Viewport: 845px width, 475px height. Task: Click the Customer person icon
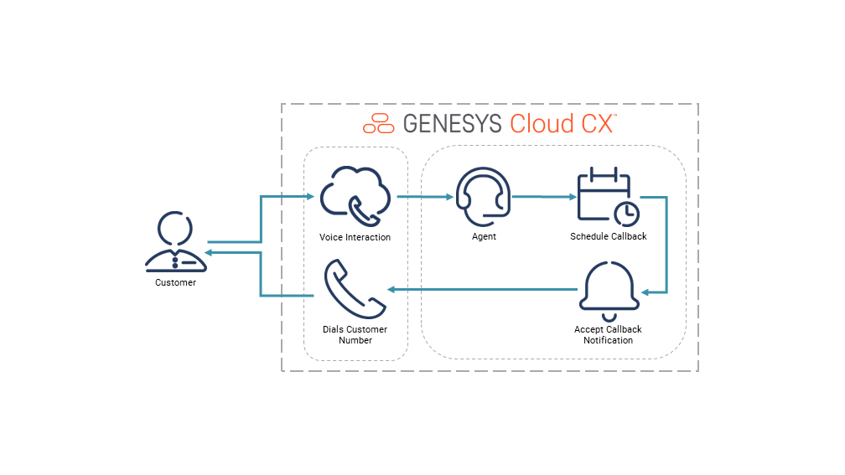point(175,243)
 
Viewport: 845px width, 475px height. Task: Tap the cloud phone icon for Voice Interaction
point(355,197)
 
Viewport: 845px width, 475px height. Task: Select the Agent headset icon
point(481,197)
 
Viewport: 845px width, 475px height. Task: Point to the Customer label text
point(175,283)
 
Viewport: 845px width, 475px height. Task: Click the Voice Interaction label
point(355,237)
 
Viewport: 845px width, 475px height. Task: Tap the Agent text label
point(484,237)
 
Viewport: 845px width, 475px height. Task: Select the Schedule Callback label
point(609,236)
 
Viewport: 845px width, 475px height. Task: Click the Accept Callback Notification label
point(608,335)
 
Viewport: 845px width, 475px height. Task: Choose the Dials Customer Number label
point(355,335)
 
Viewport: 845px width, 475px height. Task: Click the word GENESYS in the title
point(452,123)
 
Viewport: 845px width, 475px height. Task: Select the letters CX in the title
point(597,123)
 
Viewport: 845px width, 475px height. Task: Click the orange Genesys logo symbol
point(378,123)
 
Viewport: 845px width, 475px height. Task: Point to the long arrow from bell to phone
point(482,290)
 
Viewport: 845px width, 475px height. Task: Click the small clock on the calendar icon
point(626,214)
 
